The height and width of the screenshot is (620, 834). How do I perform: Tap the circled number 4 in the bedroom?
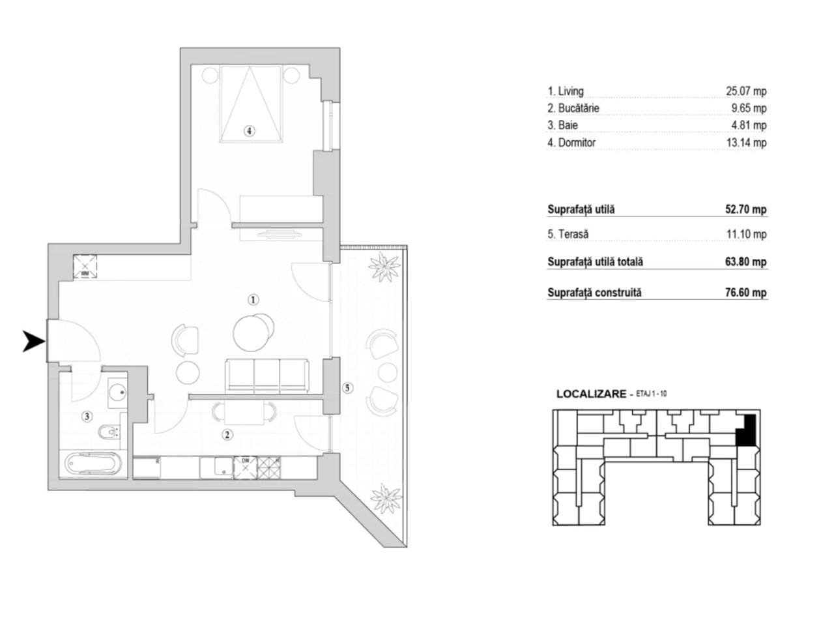tap(249, 131)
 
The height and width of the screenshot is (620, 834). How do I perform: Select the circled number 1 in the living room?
tap(253, 300)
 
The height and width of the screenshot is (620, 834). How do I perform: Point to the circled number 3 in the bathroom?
tap(87, 417)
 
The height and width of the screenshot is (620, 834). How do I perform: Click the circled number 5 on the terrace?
tap(347, 388)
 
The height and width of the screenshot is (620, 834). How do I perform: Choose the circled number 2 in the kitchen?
tap(227, 435)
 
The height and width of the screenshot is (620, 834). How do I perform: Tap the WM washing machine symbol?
tap(85, 267)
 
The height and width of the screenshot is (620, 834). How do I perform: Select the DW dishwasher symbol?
tap(245, 467)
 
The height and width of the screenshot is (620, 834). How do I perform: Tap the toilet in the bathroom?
tap(109, 433)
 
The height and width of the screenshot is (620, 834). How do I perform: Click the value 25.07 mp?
tap(746, 91)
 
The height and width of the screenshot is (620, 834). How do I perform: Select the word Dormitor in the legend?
tap(577, 143)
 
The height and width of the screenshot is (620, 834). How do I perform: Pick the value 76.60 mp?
tap(745, 292)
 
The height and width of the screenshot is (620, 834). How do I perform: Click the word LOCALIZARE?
tap(591, 394)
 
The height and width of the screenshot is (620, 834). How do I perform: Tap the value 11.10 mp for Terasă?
tap(747, 234)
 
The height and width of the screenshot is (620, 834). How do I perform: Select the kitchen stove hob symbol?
tap(269, 467)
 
